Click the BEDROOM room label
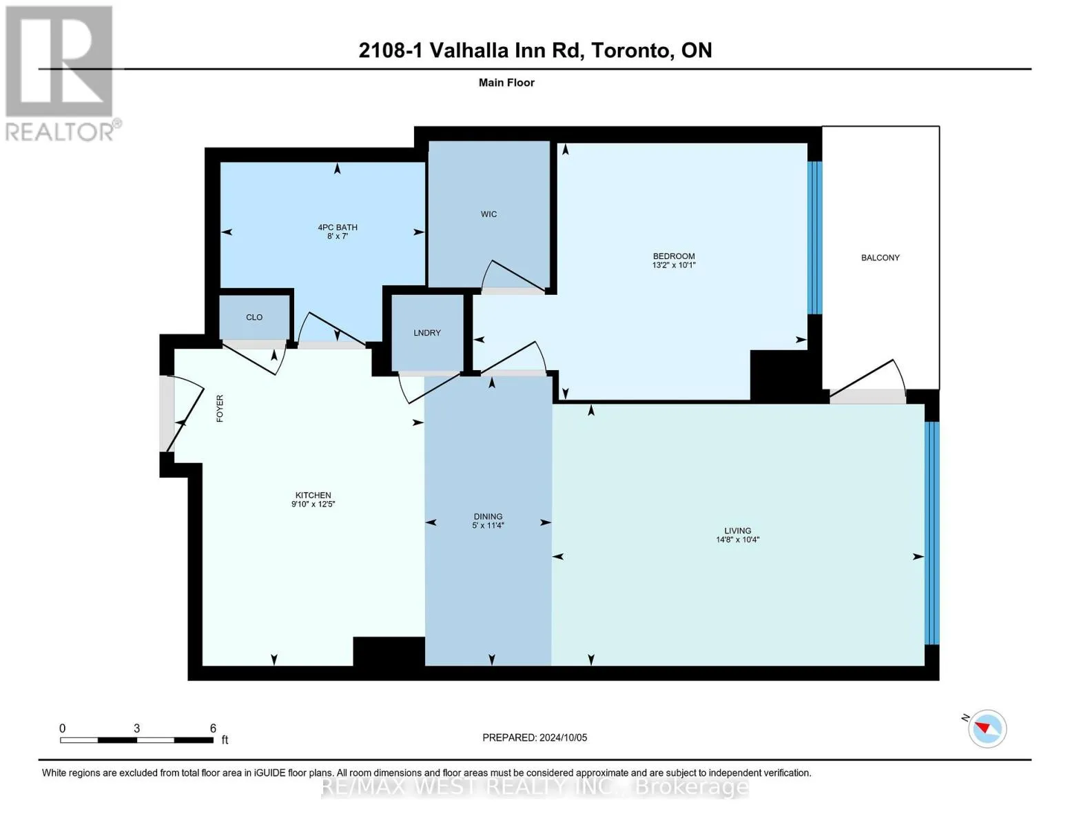[674, 256]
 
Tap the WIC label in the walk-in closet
[488, 214]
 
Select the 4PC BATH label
[338, 227]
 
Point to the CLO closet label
[254, 317]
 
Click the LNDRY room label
[427, 333]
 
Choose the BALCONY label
[881, 258]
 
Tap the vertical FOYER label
[220, 408]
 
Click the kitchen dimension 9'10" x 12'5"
[313, 504]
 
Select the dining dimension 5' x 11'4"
[488, 526]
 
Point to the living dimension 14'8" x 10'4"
[738, 540]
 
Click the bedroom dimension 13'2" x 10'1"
[674, 265]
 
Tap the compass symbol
[987, 729]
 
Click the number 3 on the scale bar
[136, 728]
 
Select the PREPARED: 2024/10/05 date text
[535, 738]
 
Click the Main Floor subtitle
[506, 83]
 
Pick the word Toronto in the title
[632, 50]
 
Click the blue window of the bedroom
[815, 237]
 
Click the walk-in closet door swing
[513, 275]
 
